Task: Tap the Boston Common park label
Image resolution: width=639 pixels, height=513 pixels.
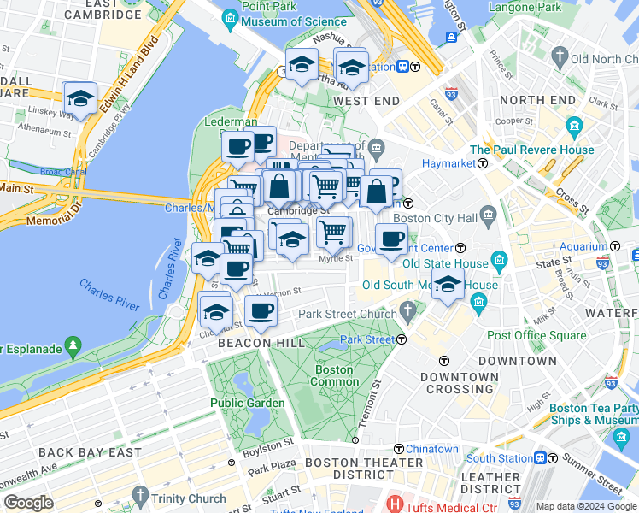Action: pos(336,375)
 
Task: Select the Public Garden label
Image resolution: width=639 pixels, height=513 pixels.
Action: pos(248,403)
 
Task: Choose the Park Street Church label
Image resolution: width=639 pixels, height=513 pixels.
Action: pos(348,314)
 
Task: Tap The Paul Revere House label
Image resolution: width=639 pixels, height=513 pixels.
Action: pos(531,150)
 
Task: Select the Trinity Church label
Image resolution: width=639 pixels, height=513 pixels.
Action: pos(189,498)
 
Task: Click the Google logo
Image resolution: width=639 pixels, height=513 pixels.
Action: pos(28,502)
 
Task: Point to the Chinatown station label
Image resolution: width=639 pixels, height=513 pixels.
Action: pos(431,449)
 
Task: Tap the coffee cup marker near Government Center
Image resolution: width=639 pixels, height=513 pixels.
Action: pos(391,239)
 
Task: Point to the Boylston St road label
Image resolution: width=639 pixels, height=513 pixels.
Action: pos(273,443)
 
